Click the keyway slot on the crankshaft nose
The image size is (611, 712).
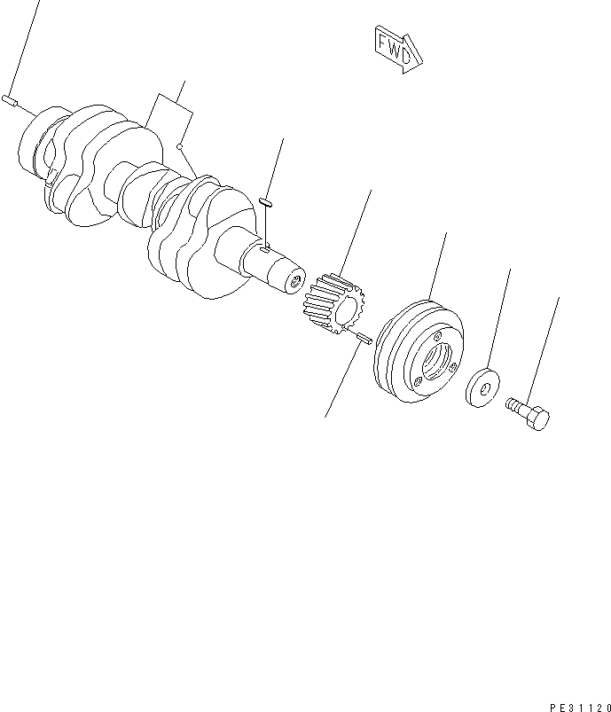click(x=266, y=252)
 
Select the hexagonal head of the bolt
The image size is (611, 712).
click(x=537, y=418)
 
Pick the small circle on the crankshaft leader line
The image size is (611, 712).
click(x=180, y=146)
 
